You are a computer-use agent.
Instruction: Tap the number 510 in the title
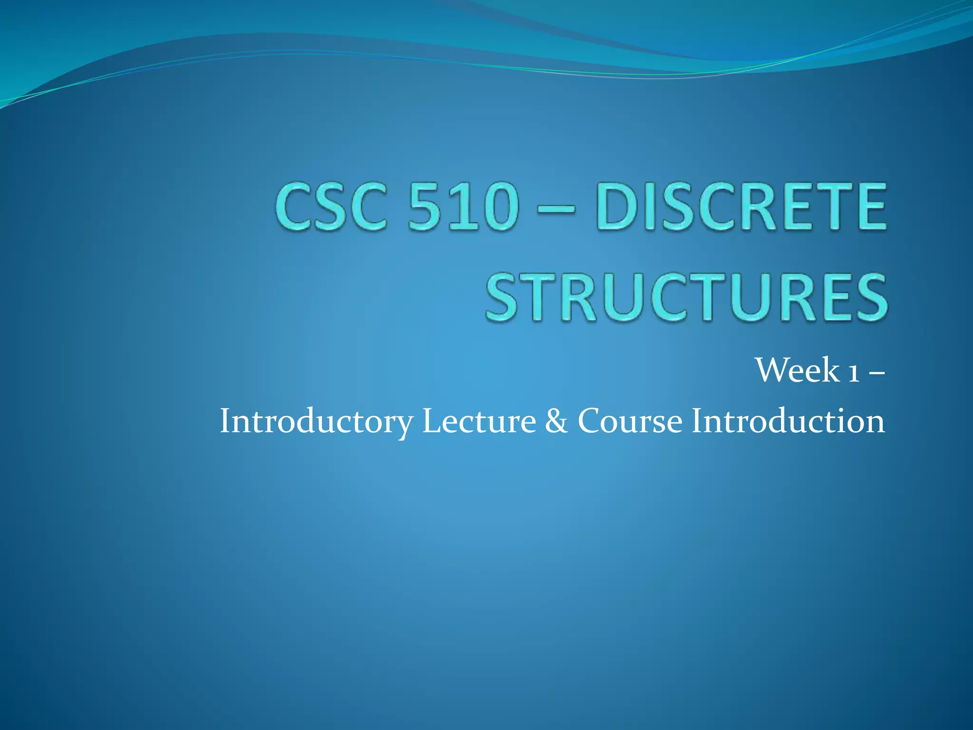pos(463,207)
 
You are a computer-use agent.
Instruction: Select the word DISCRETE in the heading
pos(741,207)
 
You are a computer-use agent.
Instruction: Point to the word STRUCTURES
pos(686,298)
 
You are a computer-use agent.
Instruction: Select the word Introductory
pos(316,421)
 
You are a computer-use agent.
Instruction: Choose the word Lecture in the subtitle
pos(479,421)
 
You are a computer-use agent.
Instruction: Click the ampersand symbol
pos(556,421)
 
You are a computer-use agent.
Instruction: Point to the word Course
pos(630,421)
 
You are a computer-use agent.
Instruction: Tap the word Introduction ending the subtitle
pos(788,421)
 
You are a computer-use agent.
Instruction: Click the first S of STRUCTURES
pos(505,298)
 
